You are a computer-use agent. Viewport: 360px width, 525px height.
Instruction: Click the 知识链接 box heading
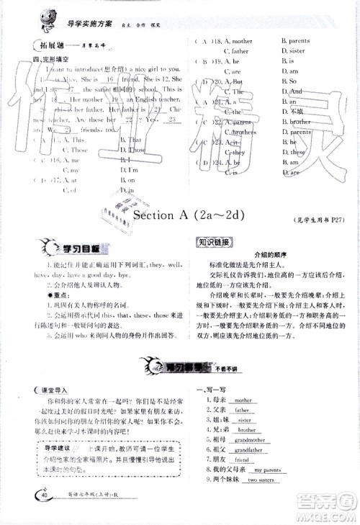(x=220, y=243)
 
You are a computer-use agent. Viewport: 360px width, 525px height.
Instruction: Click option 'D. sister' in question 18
(x=294, y=51)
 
